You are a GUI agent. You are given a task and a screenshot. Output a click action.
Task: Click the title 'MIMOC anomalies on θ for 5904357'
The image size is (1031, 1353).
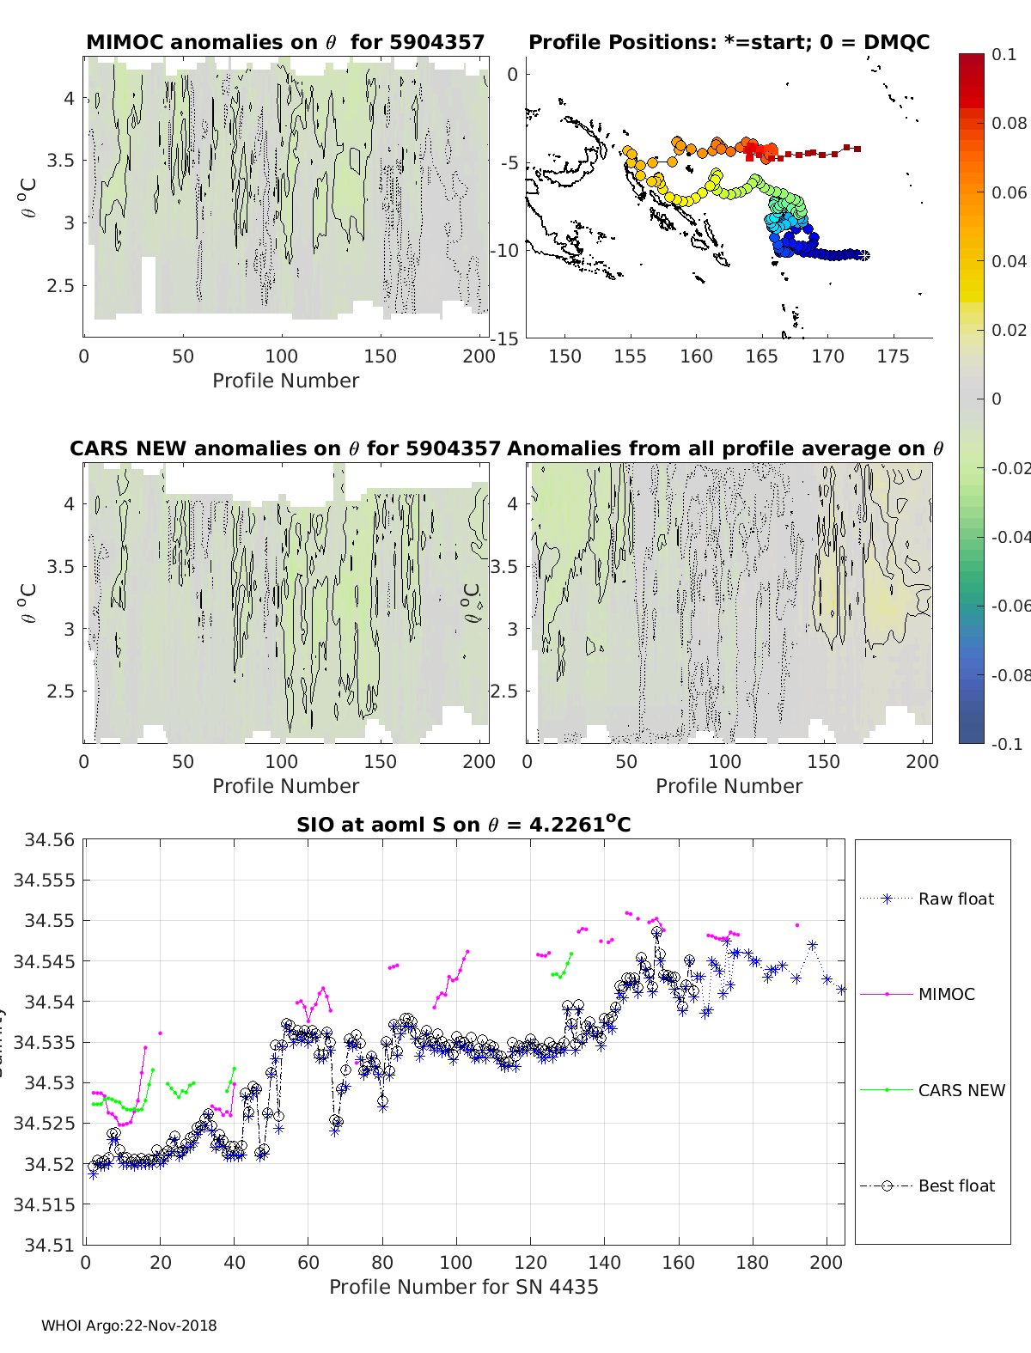285,42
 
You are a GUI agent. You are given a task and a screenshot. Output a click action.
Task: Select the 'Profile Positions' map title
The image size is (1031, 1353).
729,42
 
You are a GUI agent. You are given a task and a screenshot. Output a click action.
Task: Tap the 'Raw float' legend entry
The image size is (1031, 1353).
955,899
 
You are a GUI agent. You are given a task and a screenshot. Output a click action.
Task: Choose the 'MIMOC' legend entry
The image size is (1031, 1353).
946,994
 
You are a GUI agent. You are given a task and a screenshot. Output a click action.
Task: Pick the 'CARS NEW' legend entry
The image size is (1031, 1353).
961,1090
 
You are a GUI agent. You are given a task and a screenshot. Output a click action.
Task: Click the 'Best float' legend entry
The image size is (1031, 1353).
955,1185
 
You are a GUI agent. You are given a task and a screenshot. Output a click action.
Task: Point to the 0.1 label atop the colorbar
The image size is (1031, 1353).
1004,54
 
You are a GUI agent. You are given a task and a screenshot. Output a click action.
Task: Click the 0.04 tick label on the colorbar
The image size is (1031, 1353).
1009,261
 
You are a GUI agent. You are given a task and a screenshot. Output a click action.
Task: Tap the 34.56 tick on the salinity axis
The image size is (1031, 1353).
43,840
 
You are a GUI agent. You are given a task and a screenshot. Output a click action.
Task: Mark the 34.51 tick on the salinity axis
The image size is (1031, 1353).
43,1245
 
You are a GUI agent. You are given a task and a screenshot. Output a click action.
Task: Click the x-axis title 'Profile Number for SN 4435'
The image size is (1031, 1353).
463,1287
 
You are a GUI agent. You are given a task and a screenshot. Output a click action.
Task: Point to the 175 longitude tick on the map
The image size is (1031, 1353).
893,357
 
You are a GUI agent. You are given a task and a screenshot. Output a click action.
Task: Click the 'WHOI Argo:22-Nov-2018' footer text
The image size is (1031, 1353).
129,1326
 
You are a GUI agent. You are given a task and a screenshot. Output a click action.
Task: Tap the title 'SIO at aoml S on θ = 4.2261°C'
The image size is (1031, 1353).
463,825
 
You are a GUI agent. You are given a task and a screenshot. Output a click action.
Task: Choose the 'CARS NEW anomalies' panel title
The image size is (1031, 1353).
284,448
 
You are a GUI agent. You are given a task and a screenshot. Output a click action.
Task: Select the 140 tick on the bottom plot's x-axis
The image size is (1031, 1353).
605,1262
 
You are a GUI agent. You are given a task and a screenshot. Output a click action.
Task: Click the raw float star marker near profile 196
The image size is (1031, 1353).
812,946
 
